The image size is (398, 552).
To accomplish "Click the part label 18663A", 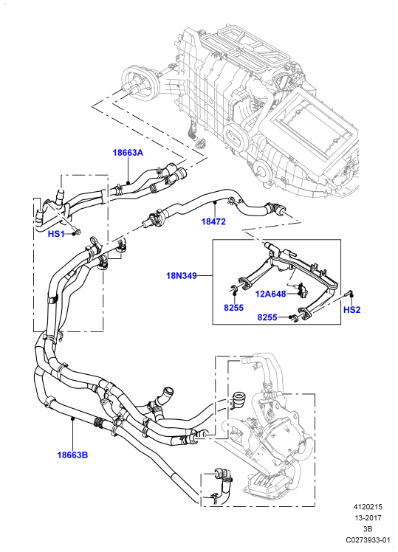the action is (128, 153).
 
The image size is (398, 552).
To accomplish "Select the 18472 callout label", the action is (213, 222).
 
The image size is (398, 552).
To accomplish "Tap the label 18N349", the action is (182, 276).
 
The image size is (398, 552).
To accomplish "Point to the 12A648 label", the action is (270, 294).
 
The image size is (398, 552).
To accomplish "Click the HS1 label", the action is (56, 234).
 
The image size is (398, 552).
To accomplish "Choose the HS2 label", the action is (352, 310).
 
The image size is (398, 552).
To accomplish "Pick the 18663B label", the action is (72, 455).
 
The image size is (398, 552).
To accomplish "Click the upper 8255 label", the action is (233, 308).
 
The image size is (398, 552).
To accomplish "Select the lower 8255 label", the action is (267, 317).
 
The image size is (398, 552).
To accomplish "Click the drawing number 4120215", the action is (368, 507).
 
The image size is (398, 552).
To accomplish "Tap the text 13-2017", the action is (368, 518).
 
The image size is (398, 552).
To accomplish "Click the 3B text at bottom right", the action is (368, 529).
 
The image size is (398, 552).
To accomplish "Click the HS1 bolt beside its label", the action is (77, 231).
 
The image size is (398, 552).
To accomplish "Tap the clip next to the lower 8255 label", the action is (294, 318).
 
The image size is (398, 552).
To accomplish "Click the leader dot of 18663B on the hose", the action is (72, 418).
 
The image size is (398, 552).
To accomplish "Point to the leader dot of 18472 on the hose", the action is (215, 202).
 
